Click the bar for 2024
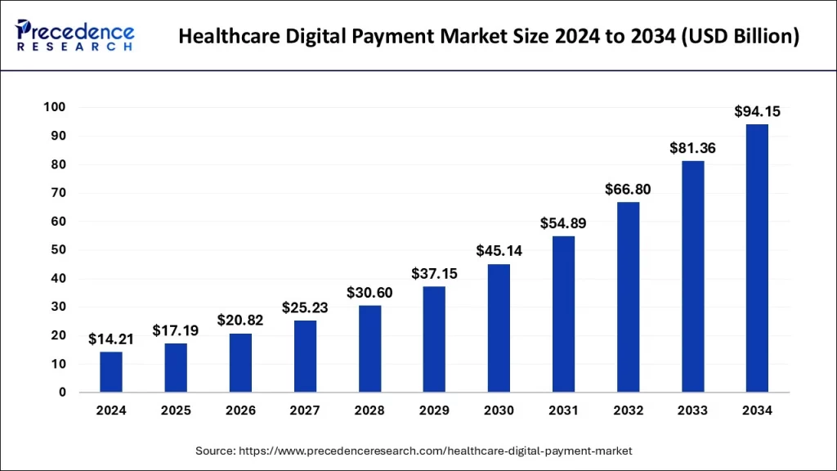[x=111, y=372]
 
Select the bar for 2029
[x=434, y=339]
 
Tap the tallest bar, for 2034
[x=757, y=258]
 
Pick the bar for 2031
[x=563, y=314]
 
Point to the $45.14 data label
[x=499, y=251]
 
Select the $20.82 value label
[x=240, y=321]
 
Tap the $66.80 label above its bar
[x=628, y=189]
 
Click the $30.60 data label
[x=369, y=293]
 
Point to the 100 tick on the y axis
[x=55, y=108]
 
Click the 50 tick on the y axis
[x=59, y=250]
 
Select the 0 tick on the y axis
[x=63, y=392]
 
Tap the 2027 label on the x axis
[x=305, y=410]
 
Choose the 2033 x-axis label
[x=692, y=410]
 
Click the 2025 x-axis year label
[x=176, y=410]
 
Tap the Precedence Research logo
[x=76, y=35]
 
